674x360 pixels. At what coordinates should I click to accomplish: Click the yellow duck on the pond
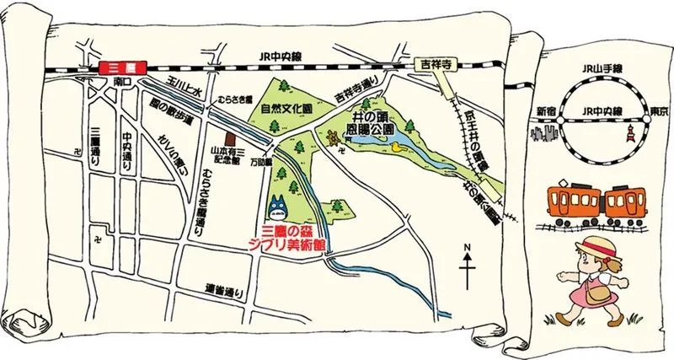pos(397,145)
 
